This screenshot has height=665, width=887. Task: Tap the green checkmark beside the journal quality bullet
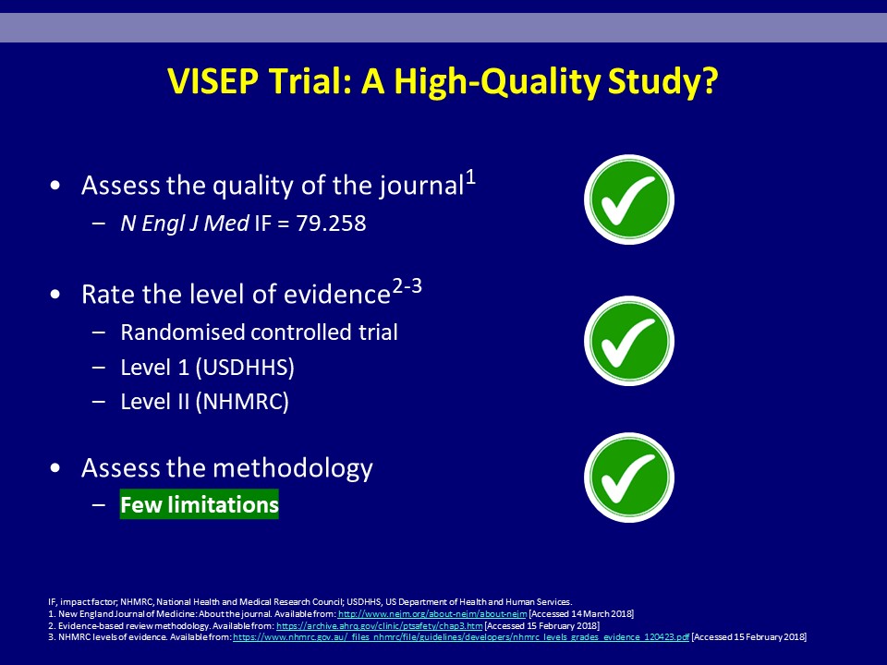point(628,199)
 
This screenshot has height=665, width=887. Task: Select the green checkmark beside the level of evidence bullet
point(628,341)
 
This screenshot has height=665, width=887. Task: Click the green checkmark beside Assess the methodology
point(628,478)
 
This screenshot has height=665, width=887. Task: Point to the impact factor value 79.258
point(331,224)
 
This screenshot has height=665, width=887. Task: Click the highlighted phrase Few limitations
point(200,504)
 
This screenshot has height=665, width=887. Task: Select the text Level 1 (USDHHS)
point(207,368)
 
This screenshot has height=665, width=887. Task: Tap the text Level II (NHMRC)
point(205,402)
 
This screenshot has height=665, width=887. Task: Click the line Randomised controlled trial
point(259,332)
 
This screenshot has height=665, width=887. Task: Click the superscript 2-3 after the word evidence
point(407,287)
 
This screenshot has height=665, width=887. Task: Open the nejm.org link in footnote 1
point(432,614)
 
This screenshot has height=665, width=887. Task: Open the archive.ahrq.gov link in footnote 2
point(380,626)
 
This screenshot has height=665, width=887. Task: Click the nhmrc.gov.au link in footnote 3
point(461,637)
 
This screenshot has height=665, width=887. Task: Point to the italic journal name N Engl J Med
point(185,224)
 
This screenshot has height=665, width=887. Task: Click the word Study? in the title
point(663,82)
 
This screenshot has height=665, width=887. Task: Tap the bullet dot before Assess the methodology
point(55,468)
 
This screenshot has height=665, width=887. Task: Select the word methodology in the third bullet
point(293,469)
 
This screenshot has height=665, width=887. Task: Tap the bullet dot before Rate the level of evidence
point(55,295)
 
